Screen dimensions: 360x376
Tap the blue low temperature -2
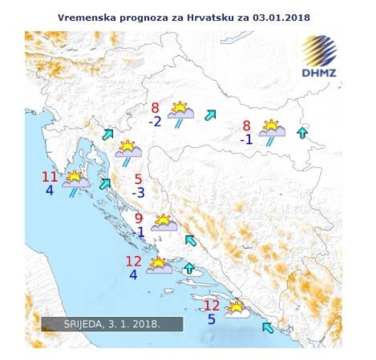coord(155,121)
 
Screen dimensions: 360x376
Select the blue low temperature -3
coord(138,193)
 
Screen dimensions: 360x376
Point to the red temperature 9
coord(139,219)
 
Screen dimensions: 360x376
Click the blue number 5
coord(211,319)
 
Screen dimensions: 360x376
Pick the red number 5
coord(138,179)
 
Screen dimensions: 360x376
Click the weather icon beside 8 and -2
coord(180,113)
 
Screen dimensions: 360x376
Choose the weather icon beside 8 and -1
coord(273,130)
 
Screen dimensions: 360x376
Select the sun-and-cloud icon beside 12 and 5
coord(236,309)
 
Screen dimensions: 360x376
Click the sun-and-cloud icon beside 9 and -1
coord(163,223)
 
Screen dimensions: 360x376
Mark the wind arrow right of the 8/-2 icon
coord(211,114)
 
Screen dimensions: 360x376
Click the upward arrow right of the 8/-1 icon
coord(303,132)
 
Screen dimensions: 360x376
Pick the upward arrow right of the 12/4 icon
coord(190,270)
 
